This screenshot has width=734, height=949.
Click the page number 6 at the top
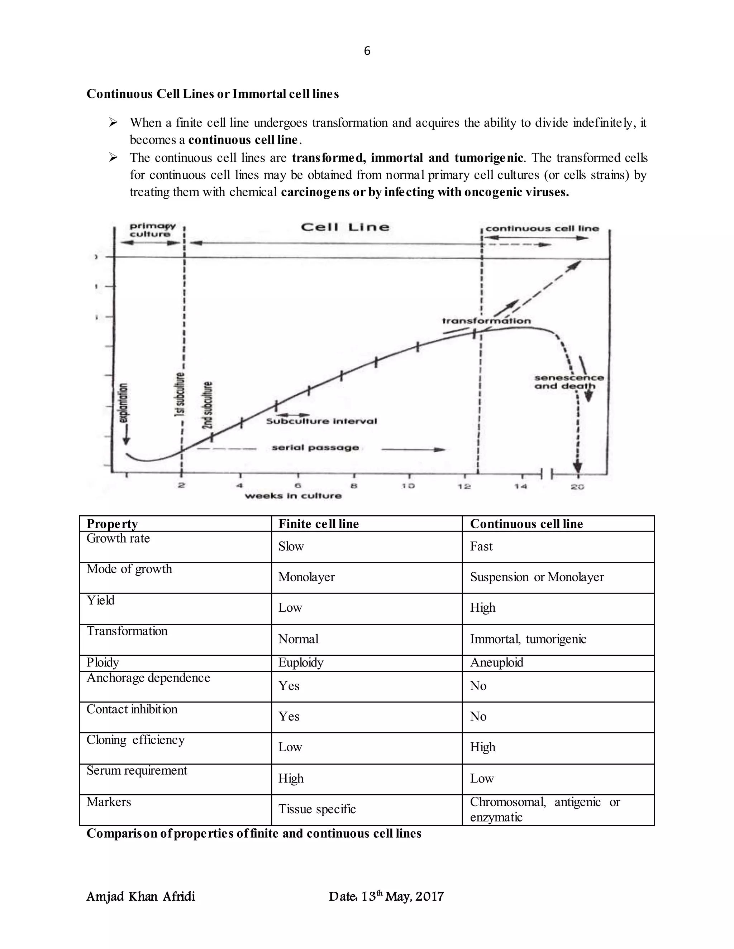click(367, 51)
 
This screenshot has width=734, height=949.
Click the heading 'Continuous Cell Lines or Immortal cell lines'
click(212, 94)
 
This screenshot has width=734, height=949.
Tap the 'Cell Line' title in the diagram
click(345, 227)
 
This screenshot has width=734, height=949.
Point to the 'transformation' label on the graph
click(486, 321)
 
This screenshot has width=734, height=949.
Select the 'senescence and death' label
click(569, 382)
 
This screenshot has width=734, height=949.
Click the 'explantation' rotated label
click(124, 403)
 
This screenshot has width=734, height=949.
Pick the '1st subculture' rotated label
click(179, 395)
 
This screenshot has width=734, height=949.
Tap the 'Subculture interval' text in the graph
click(321, 421)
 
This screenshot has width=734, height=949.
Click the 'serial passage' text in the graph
click(315, 448)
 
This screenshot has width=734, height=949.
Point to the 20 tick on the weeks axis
click(577, 487)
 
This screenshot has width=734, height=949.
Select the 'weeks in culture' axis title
click(293, 496)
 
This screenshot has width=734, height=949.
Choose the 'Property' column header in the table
click(112, 524)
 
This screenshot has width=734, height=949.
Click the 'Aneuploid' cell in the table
click(497, 663)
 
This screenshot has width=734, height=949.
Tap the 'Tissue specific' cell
click(317, 809)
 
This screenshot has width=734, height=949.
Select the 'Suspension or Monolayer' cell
click(537, 577)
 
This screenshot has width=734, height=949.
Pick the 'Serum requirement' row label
click(137, 770)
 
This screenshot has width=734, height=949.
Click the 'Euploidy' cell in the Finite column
click(301, 663)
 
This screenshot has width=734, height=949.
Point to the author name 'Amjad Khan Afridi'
click(141, 896)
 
